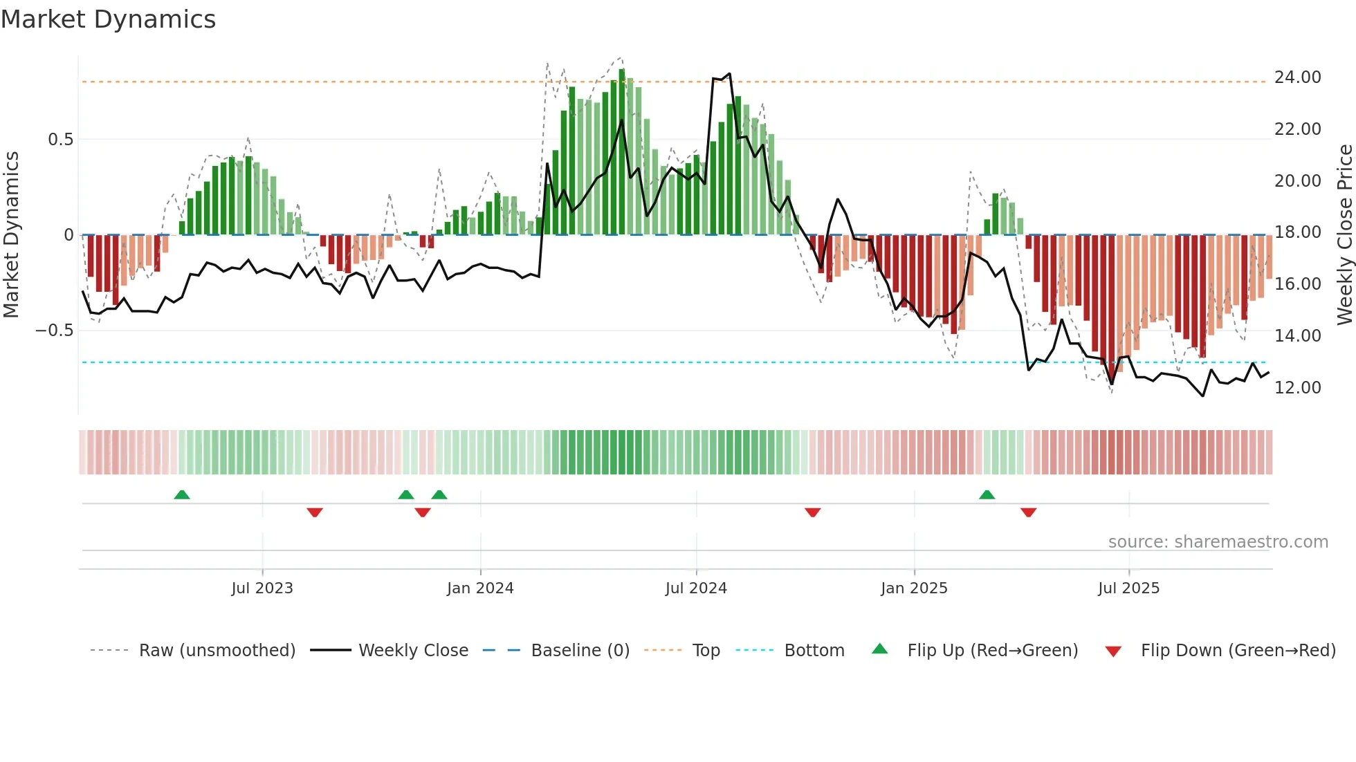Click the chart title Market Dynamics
108,19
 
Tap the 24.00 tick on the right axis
1297,77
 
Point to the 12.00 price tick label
1297,387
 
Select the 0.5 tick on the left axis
60,140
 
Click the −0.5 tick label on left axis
55,331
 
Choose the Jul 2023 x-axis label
262,588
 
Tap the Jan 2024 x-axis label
480,588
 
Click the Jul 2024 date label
696,588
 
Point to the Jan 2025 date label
914,588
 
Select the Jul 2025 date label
1128,588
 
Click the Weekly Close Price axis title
1344,234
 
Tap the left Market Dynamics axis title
11,234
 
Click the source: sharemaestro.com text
1218,542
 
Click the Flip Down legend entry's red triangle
1113,651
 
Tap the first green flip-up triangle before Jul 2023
182,495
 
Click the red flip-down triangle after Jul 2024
813,512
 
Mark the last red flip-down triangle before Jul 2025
1028,512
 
